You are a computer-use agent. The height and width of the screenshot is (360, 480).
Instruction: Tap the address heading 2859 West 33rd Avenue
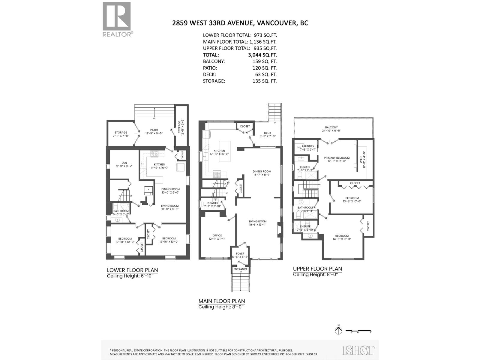(240, 23)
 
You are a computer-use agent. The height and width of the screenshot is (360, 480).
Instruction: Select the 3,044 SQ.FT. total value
(260, 55)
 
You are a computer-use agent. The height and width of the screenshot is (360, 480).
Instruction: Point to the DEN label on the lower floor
(124, 163)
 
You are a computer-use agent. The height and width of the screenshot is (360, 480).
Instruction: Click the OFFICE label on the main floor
(217, 235)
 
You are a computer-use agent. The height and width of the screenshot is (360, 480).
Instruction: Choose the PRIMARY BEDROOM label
(337, 158)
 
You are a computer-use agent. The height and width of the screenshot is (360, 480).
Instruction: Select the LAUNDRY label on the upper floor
(308, 146)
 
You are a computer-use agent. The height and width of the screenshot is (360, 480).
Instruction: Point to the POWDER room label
(212, 203)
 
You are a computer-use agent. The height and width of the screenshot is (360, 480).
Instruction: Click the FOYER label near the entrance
(240, 254)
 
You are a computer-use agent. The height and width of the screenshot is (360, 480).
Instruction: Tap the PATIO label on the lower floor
(154, 130)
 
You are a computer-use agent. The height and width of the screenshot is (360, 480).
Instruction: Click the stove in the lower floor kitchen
(154, 154)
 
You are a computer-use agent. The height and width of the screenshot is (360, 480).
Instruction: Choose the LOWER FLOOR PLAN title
(132, 270)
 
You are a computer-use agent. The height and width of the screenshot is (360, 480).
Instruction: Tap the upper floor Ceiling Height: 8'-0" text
(317, 275)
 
